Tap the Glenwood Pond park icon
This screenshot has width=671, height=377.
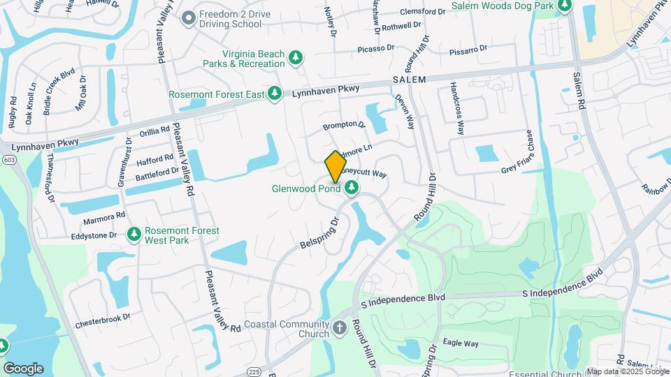[351, 187]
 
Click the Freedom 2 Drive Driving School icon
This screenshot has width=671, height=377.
[187, 18]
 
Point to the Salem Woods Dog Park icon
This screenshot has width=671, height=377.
[565, 6]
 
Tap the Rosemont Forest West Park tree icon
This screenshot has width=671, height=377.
[134, 235]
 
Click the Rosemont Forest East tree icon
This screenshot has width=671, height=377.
[275, 94]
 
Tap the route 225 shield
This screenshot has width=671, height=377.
[254, 371]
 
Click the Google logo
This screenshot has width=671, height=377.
[23, 368]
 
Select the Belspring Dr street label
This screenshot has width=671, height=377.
[319, 235]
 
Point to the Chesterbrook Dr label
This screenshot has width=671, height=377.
[103, 320]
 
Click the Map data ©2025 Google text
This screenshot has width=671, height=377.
[627, 371]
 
